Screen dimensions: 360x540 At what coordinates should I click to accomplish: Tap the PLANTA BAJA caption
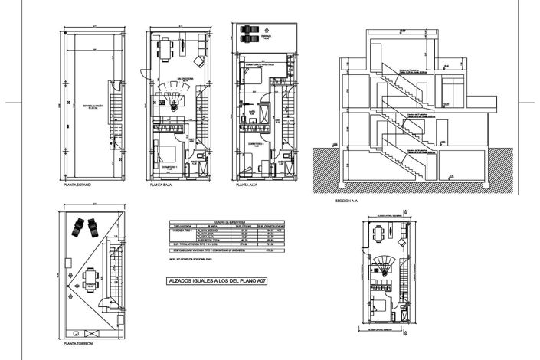click(x=162, y=185)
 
